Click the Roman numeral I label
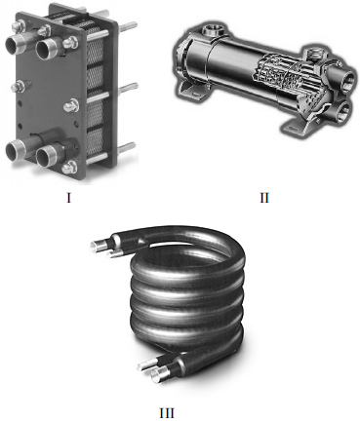tap(68, 197)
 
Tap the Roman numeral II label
tap(264, 197)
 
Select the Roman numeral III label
tap(167, 413)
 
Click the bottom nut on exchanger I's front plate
tap(69, 168)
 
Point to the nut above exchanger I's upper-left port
tap(21, 25)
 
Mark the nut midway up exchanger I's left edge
tap(18, 87)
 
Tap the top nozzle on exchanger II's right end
tap(312, 52)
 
